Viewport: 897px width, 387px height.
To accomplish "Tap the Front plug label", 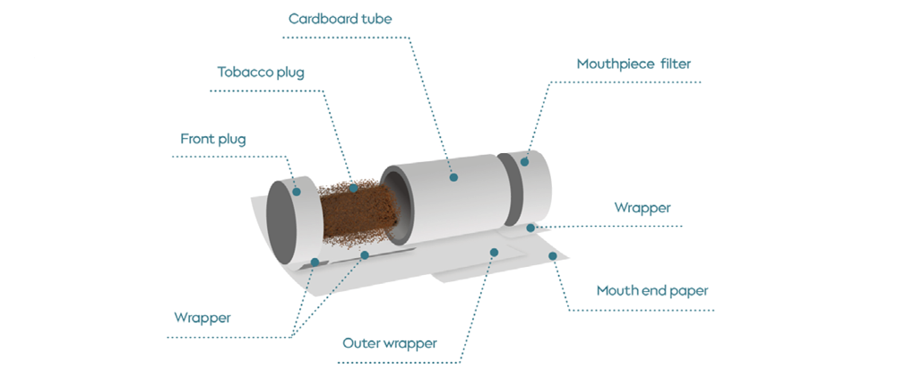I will click(212, 139).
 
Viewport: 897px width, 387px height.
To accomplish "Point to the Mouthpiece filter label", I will click(634, 64).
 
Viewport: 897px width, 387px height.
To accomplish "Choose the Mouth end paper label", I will click(652, 291).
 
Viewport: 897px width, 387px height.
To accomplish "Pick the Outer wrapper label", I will click(390, 343).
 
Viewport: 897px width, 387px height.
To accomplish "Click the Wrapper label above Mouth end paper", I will click(642, 208).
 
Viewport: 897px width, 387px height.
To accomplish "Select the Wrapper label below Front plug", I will click(202, 317).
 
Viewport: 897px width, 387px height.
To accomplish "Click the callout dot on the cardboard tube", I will click(454, 177).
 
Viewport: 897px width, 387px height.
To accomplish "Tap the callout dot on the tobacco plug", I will click(354, 187).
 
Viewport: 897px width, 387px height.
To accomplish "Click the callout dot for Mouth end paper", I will click(553, 255).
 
